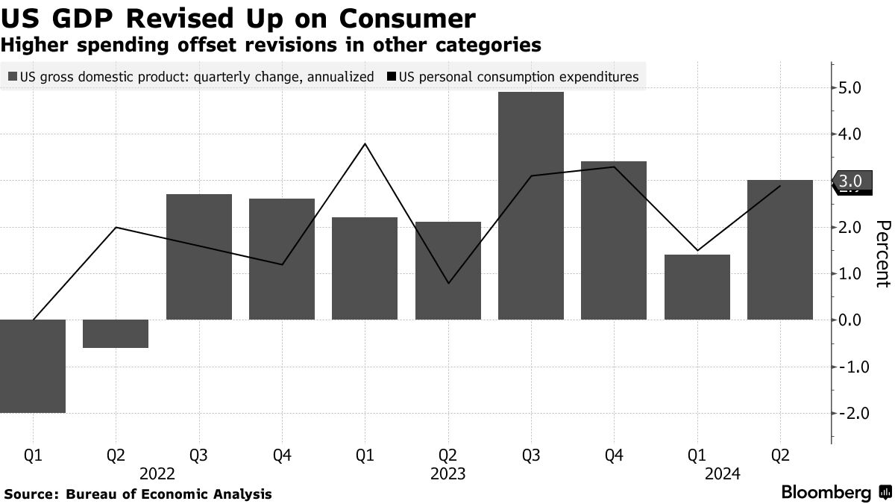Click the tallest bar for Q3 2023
(531, 205)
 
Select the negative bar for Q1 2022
(33, 366)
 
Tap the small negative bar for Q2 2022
(116, 334)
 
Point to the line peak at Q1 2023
(365, 143)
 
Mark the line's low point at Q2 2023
(447, 283)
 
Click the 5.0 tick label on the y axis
(850, 88)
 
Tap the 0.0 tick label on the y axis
(850, 320)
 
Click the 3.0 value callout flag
(851, 181)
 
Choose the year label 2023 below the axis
(447, 473)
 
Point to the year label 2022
(157, 473)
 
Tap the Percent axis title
(883, 254)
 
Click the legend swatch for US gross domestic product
(13, 76)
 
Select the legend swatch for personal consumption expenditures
(392, 76)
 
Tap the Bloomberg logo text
(826, 493)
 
